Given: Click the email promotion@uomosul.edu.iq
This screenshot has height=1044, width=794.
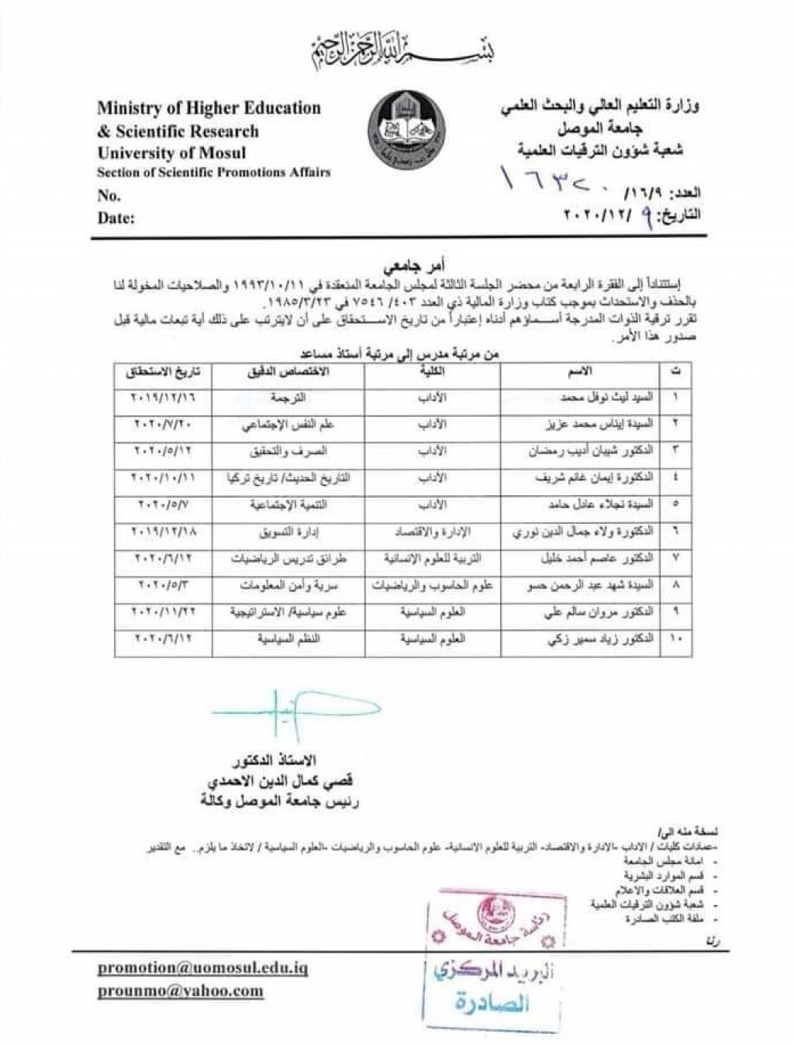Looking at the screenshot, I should (x=202, y=968).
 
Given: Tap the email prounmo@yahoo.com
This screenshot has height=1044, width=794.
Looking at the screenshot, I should (x=180, y=991).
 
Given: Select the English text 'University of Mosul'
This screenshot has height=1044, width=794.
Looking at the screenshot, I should (x=171, y=152).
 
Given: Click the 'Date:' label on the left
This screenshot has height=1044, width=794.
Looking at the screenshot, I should (x=116, y=218).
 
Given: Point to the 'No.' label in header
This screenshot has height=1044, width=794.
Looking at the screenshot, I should (x=109, y=195).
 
